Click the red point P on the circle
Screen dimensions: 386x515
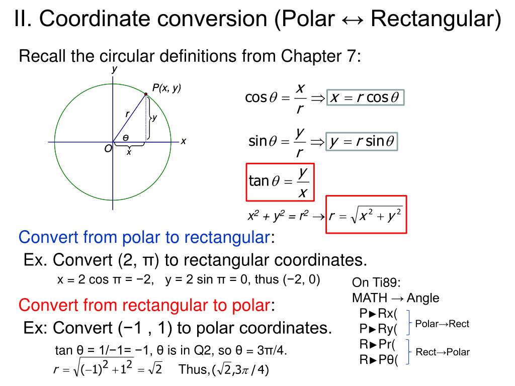(146, 94)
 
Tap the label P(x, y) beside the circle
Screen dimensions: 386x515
(166, 88)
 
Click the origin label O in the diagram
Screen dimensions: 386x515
(108, 149)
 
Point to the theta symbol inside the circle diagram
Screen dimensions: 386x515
(126, 138)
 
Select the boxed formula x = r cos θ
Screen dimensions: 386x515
(365, 98)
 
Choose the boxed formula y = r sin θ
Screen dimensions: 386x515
(362, 142)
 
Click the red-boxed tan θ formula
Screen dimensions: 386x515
(280, 181)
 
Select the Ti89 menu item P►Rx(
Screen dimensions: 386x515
(378, 314)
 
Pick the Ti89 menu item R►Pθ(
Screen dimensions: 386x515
(378, 360)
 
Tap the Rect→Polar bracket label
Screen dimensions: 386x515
(443, 352)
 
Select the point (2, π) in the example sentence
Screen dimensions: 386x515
(139, 260)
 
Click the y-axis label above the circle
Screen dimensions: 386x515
(114, 69)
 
